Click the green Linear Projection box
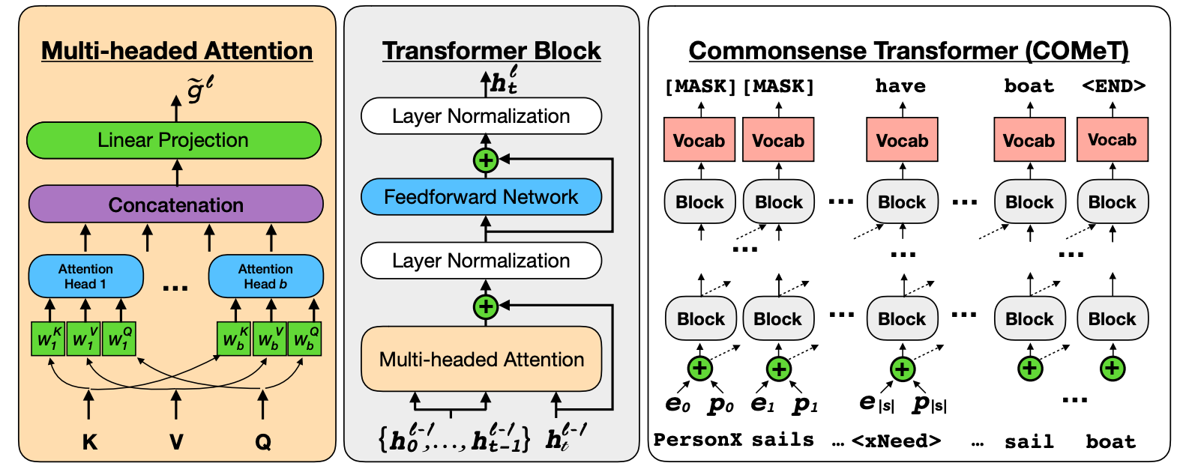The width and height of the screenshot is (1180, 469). click(173, 140)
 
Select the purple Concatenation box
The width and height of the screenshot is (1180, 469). click(175, 205)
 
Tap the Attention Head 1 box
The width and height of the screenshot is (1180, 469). click(85, 276)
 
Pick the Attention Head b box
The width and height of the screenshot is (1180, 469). click(265, 276)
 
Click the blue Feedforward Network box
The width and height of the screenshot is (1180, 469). click(481, 197)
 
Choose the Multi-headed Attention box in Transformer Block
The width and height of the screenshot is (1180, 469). click(481, 360)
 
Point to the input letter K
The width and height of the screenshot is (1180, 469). click(89, 442)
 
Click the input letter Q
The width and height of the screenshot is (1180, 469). click(262, 442)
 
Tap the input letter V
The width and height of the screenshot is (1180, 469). click(176, 442)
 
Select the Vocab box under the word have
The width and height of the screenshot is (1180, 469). click(902, 140)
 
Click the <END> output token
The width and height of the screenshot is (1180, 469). click(1113, 86)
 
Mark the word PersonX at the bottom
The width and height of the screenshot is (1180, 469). click(697, 440)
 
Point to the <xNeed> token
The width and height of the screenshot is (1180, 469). click(896, 441)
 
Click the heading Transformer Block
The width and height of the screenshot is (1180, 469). click(491, 50)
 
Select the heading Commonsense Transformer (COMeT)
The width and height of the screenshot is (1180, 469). click(908, 50)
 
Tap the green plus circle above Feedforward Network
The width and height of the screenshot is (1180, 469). click(486, 160)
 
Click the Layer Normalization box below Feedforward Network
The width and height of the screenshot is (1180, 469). click(481, 261)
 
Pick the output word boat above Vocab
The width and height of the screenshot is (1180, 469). click(1029, 86)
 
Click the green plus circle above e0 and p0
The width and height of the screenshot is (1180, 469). click(699, 368)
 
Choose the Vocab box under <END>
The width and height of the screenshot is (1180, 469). click(1112, 140)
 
